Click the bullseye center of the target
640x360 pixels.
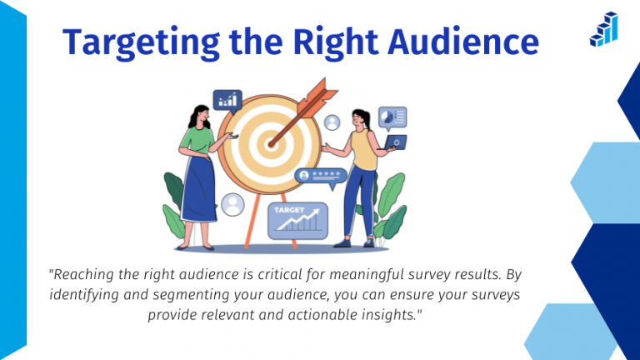(268, 143)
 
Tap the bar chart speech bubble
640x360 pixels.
(227, 101)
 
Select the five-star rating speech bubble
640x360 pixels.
(320, 177)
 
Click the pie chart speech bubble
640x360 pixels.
(392, 117)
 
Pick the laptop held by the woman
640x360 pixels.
(395, 142)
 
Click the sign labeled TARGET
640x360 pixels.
(297, 220)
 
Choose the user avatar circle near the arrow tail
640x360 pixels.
(333, 122)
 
